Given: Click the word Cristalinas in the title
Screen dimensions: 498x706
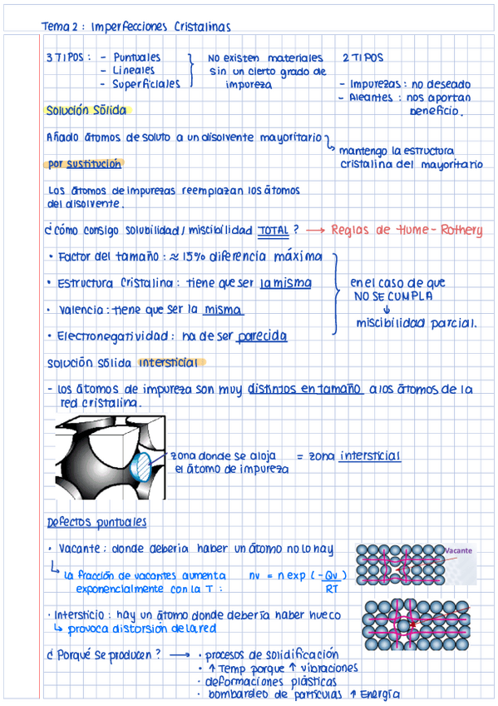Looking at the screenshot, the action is [x=203, y=27].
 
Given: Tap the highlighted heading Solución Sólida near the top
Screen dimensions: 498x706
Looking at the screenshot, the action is [x=86, y=110].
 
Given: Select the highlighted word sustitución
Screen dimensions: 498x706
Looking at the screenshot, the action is [x=94, y=164].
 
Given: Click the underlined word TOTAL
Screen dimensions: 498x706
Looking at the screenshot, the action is [x=274, y=229].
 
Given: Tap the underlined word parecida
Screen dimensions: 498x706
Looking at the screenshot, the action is [x=262, y=336].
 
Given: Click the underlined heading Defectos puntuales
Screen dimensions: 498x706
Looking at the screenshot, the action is [x=96, y=522].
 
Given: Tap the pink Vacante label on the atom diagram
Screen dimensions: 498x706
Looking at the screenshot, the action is [x=458, y=551].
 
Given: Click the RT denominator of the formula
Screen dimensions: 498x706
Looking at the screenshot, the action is [x=331, y=589].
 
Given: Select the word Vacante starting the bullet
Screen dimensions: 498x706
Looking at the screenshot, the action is [x=79, y=549].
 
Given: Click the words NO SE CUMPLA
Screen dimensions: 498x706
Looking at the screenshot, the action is [x=392, y=296].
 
